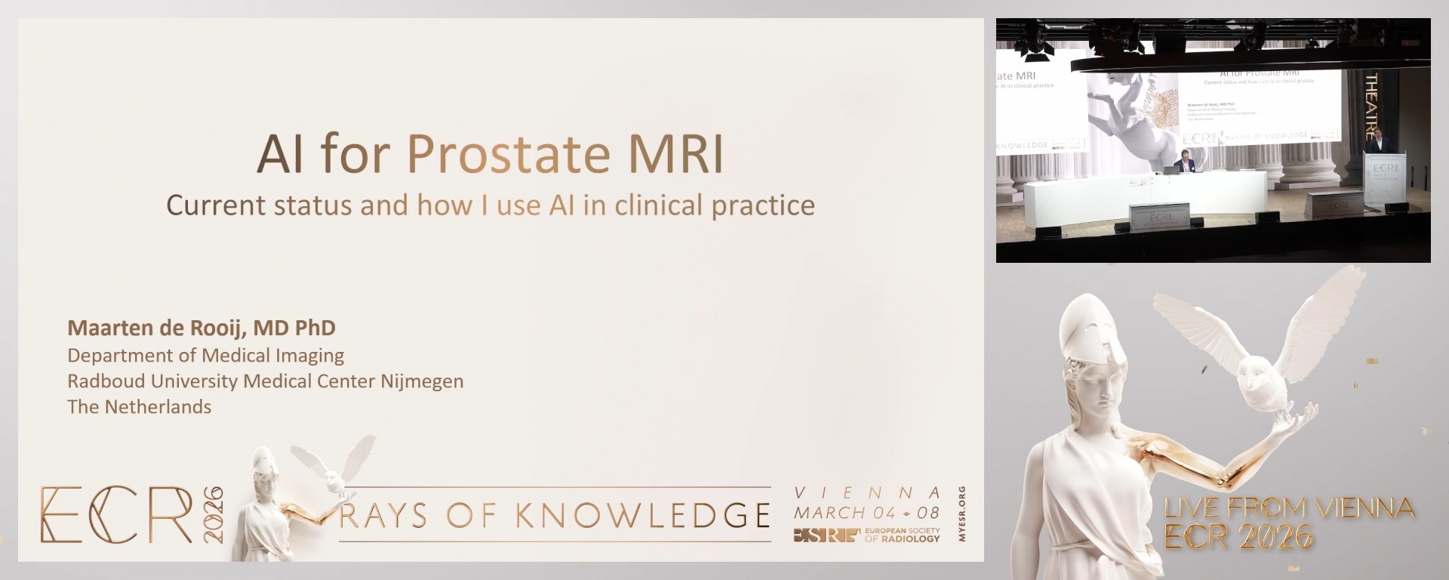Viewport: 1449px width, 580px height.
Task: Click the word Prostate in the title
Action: [x=508, y=154]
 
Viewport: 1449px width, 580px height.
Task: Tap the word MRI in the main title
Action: [x=675, y=154]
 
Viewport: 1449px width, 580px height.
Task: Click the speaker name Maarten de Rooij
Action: [x=158, y=328]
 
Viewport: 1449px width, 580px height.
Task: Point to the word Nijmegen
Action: [x=421, y=381]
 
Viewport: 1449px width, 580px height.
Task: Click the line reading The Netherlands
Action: [x=139, y=407]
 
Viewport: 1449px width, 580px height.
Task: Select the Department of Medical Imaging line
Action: [x=205, y=356]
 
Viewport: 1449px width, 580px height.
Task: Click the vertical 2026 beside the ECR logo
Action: [x=214, y=514]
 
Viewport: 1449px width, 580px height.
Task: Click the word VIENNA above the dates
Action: [x=867, y=493]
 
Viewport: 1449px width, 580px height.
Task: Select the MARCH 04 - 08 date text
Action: [x=866, y=513]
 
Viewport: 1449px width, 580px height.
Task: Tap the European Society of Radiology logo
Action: [x=866, y=535]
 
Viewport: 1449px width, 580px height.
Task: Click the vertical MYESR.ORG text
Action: [x=961, y=514]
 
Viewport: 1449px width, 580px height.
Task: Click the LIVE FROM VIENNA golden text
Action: [x=1289, y=508]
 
